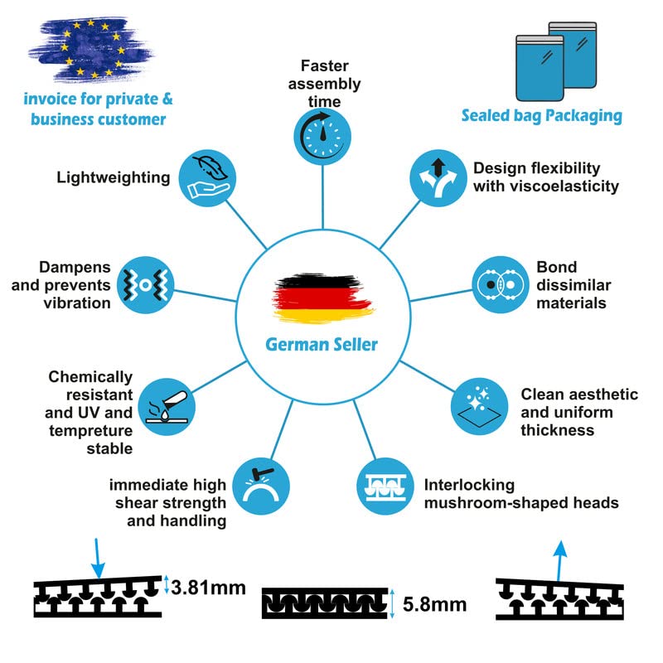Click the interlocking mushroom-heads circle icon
coord(384,486)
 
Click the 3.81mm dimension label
coord(208,588)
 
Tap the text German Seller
coord(322,344)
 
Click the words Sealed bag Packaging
coord(541,115)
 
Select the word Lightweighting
coord(114,177)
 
